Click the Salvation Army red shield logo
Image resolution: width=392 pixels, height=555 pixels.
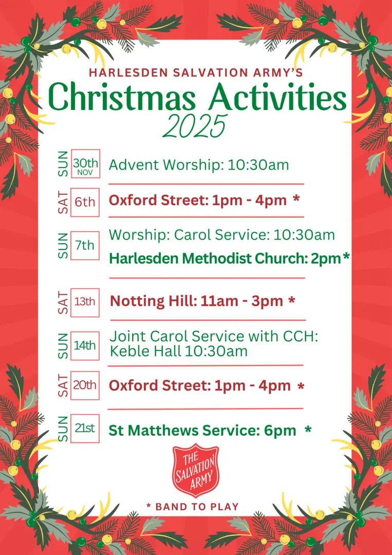click(195, 471)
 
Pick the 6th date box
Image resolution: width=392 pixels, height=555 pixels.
click(85, 202)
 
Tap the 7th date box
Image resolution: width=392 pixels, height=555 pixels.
click(85, 246)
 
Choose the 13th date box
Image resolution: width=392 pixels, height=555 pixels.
click(85, 301)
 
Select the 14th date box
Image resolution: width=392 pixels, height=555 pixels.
click(85, 345)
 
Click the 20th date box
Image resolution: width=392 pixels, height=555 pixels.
click(85, 385)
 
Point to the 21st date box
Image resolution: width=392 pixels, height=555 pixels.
click(85, 428)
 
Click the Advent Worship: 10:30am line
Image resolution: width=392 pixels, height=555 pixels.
click(199, 165)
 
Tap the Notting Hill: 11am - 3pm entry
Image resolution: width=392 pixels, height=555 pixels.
click(197, 301)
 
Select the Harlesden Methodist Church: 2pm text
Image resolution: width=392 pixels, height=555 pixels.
click(225, 258)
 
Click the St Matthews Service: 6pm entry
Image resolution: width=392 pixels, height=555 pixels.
click(202, 431)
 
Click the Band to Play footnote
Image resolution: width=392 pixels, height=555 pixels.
click(193, 507)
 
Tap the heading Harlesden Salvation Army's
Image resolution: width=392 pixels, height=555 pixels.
click(196, 73)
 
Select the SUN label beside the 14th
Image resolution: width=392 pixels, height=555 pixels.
click(63, 345)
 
